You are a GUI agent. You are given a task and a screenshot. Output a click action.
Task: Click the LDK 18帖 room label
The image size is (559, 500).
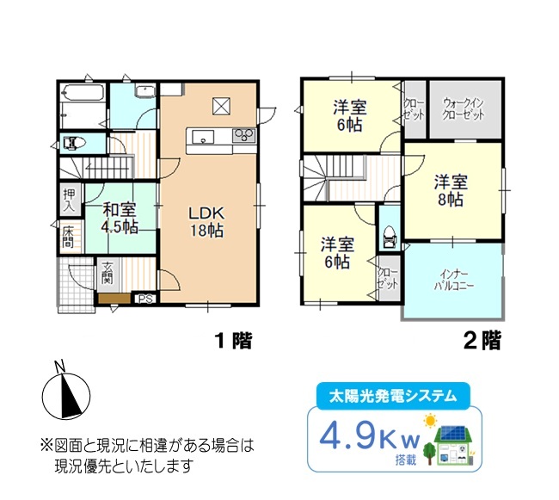coord(206,222)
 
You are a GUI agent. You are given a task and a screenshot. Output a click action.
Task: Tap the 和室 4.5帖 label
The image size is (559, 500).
coord(120,218)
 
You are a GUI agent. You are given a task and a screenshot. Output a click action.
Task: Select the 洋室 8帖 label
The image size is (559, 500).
coord(451,191)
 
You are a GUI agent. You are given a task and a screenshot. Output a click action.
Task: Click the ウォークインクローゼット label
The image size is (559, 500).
coord(464,109)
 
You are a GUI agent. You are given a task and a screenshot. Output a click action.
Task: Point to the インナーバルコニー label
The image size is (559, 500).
coord(454,281)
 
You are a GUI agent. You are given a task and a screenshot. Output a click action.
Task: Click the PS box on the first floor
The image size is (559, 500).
coord(145,299)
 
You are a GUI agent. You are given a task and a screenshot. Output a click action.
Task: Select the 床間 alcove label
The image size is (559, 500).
coord(68,237)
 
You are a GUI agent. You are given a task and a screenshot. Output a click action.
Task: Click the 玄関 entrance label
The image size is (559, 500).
coord(107,273)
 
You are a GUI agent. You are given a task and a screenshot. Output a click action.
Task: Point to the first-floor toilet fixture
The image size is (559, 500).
coord(75,144)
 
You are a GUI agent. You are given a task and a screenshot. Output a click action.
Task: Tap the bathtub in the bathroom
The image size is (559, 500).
coord(83,93)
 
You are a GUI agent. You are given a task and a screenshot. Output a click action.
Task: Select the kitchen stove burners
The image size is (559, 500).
coord(244,135)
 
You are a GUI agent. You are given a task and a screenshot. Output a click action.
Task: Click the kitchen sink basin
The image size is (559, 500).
coord(203,137)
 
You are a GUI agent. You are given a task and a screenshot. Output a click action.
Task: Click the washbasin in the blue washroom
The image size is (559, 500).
coord(145,91)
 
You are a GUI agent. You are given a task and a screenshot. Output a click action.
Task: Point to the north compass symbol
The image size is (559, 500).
coord(66,392)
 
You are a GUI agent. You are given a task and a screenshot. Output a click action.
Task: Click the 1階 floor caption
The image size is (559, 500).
coord(234,341)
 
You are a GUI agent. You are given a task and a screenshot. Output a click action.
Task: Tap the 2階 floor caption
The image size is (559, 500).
coord(482,341)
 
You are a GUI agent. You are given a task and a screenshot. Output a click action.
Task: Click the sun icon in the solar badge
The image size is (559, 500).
coord(431,421)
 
